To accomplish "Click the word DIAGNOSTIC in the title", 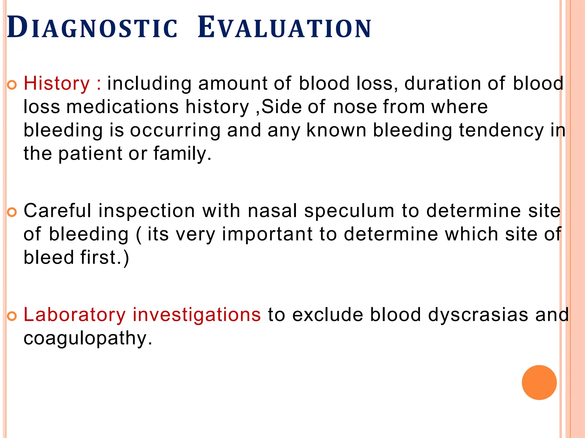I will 92,28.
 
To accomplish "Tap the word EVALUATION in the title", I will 284,28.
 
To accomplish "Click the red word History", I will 57,84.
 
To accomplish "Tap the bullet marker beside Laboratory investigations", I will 12,316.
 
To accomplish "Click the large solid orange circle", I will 539,382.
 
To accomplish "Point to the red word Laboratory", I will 75,315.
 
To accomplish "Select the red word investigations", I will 197,315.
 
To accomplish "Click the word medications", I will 123,107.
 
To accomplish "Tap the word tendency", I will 501,131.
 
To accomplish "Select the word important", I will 267,235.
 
